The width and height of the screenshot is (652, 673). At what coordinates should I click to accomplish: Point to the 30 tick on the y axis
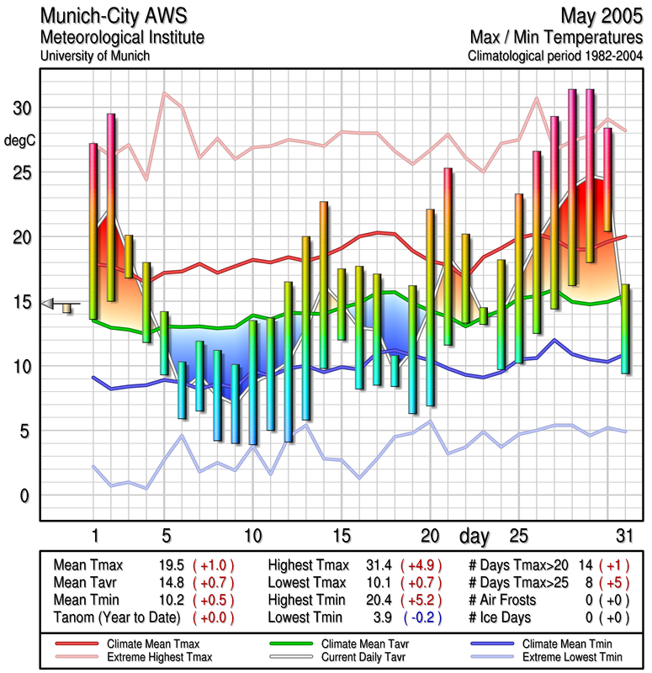20,109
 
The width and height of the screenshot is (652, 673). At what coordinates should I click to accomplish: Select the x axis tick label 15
341,536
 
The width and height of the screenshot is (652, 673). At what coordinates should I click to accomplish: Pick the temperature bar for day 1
93,231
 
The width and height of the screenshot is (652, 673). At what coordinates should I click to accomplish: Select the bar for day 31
625,329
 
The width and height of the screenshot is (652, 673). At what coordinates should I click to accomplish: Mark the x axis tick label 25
518,536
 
